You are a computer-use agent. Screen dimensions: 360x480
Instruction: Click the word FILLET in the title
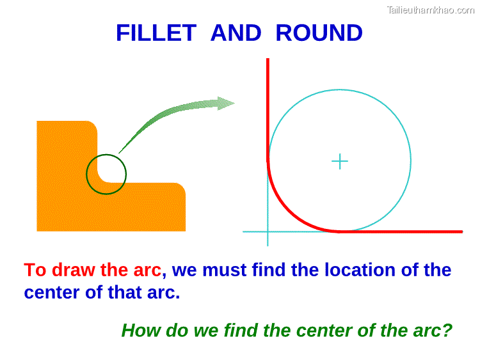(x=156, y=33)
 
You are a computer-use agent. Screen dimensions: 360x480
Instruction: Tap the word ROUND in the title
(x=319, y=33)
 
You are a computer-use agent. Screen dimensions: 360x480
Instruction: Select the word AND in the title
(x=236, y=33)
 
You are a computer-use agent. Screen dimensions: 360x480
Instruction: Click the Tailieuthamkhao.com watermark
(x=431, y=10)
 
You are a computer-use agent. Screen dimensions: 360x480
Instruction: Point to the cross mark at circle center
(x=339, y=161)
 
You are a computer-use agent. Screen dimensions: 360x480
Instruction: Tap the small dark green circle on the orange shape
(x=106, y=174)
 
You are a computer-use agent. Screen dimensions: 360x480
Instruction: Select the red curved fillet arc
(x=288, y=212)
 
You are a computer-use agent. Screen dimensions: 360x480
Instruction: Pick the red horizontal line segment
(x=403, y=231)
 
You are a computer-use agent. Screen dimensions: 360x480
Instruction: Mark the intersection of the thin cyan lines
(x=268, y=231)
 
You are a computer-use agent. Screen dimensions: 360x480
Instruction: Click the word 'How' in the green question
(x=141, y=331)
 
